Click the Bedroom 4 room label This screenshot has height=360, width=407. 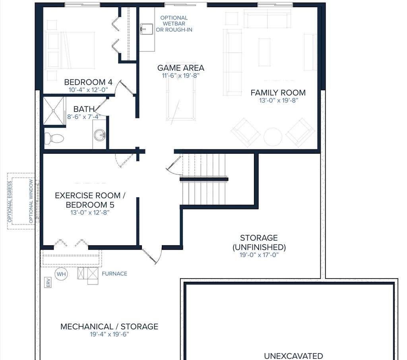88,82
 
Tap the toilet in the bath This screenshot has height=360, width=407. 54,138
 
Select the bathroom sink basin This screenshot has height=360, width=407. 100,135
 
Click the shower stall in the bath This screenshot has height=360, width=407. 54,110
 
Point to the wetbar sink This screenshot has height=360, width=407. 146,29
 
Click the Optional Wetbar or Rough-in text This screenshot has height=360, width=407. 174,24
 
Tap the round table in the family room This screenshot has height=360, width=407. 273,137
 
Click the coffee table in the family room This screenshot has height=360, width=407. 264,52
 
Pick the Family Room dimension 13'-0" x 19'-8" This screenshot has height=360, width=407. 278,101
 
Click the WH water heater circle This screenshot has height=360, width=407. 61,274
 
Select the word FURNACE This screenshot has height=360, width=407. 114,274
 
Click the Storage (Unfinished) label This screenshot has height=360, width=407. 259,242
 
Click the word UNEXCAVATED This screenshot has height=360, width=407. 293,356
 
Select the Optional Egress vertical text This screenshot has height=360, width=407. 10,201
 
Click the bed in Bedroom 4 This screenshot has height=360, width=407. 72,50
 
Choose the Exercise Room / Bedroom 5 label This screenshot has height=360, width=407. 90,200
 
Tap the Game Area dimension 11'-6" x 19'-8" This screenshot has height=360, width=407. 180,75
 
